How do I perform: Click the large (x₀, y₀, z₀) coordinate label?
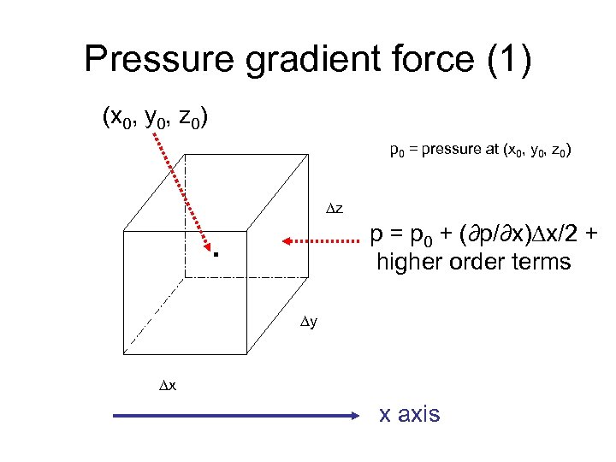click(153, 116)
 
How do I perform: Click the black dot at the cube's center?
click(217, 254)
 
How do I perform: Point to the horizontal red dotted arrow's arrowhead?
click(288, 243)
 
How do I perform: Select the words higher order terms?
click(472, 262)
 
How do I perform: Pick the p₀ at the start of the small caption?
click(397, 152)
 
